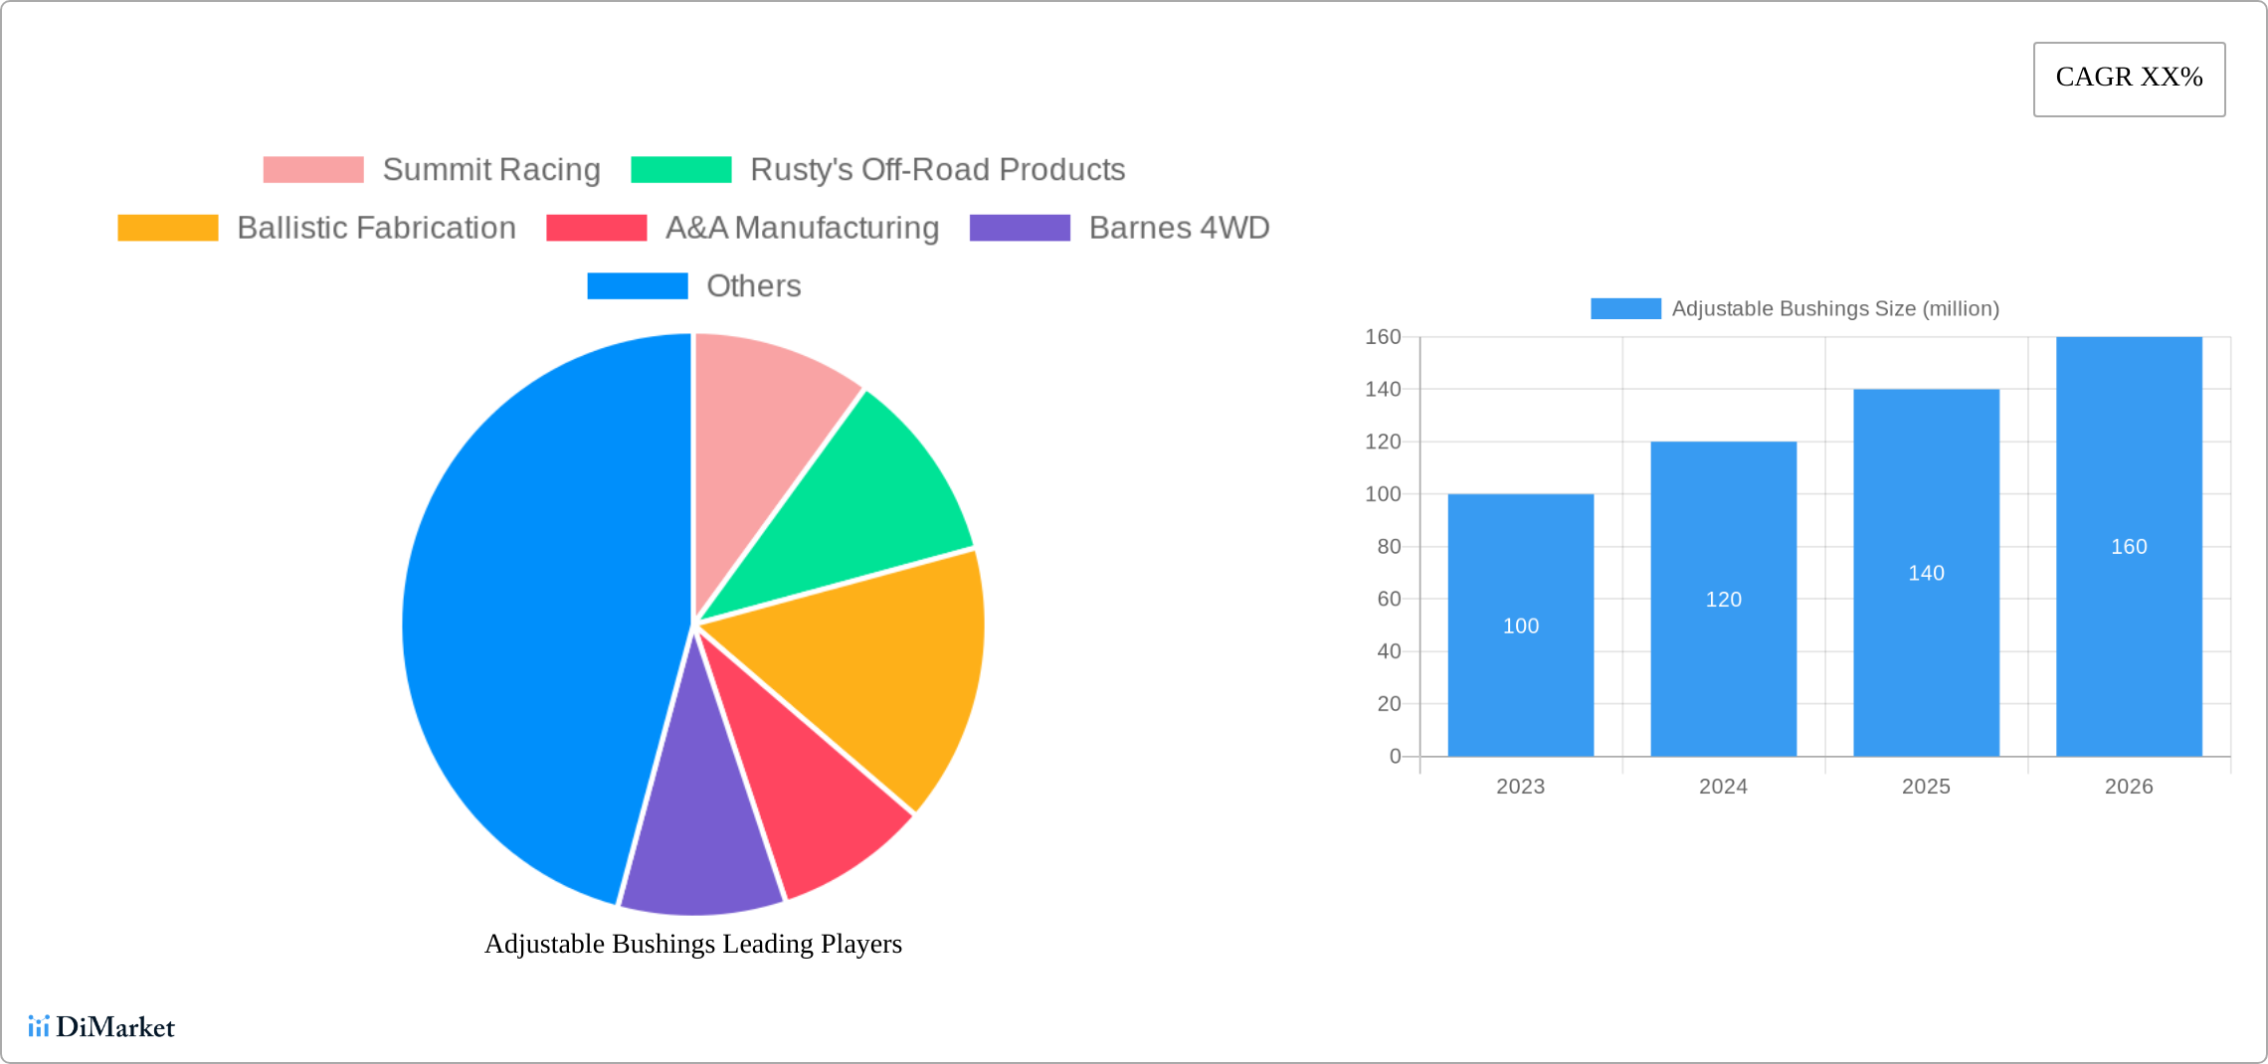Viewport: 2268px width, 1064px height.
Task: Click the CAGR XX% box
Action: (x=2129, y=79)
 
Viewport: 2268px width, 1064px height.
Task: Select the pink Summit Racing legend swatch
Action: (x=313, y=170)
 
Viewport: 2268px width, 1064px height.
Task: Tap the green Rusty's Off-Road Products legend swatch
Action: (x=681, y=170)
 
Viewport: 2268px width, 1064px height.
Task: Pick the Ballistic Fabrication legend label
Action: (x=376, y=228)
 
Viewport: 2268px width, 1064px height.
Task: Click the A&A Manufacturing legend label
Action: (x=802, y=228)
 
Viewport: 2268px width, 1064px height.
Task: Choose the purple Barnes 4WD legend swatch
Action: (x=1020, y=228)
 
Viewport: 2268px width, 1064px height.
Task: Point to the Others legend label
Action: (x=753, y=286)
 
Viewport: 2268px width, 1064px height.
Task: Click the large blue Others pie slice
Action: (x=527, y=617)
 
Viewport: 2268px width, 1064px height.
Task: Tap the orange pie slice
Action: (x=875, y=666)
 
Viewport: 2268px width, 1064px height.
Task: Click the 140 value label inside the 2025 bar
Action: (x=1926, y=574)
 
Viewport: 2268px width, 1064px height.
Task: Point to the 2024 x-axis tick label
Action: (x=1723, y=787)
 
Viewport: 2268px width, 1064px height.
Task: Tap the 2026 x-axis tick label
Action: (x=2129, y=787)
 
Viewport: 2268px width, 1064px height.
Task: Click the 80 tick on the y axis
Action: (x=1388, y=547)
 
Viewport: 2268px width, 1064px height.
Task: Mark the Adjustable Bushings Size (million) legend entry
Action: (x=1795, y=309)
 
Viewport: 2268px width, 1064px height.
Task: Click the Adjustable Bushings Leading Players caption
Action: (x=693, y=944)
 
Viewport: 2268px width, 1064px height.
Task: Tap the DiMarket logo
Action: (x=101, y=1027)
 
